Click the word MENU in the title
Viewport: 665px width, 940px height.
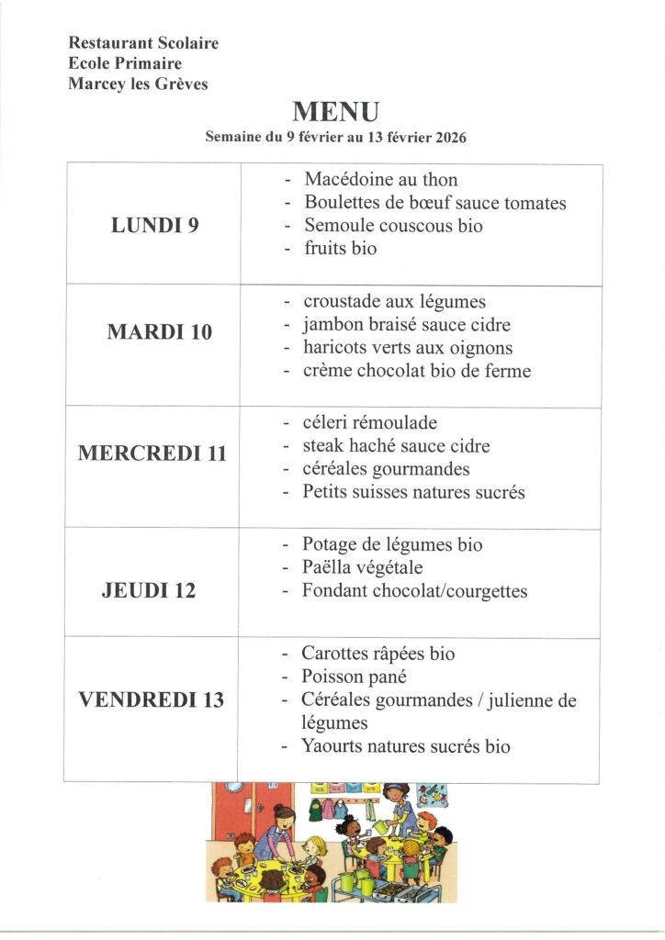point(334,112)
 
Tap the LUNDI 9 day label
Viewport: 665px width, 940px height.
point(154,225)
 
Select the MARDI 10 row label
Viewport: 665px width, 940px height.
point(159,332)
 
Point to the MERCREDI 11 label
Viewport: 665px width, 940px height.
point(152,453)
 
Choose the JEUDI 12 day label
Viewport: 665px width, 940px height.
point(149,590)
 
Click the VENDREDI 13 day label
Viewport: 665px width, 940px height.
point(151,700)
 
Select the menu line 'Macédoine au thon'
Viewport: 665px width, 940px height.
point(380,179)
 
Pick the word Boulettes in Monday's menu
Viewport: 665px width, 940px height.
point(343,203)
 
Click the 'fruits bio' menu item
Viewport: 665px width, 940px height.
point(340,248)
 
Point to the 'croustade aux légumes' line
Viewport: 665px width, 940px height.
point(394,301)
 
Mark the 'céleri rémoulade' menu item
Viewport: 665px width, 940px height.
point(370,423)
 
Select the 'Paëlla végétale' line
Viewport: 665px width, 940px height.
point(362,567)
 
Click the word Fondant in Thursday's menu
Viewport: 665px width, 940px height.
point(335,591)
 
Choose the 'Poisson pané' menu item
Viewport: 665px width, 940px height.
point(354,677)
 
